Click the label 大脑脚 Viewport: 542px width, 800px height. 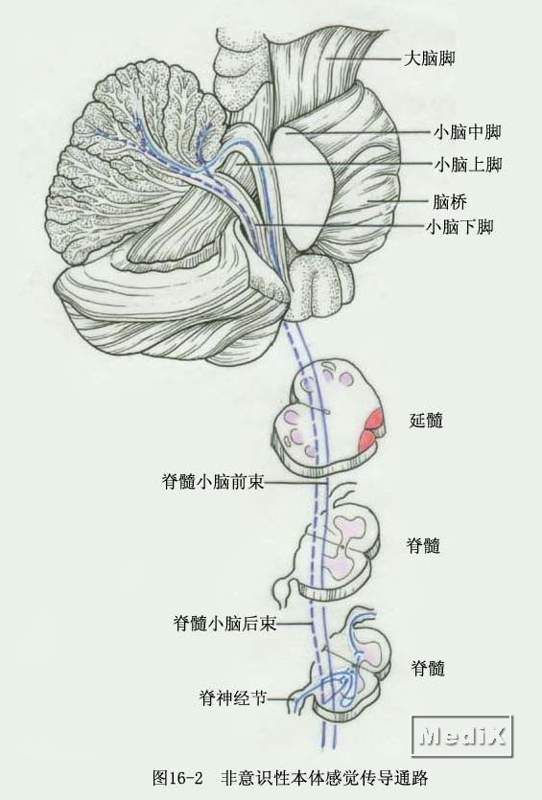(429, 58)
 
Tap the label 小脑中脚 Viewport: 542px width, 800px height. (467, 132)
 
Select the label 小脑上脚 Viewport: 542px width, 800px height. (468, 164)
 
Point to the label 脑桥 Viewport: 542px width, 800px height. (450, 201)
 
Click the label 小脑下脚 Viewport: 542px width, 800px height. (460, 226)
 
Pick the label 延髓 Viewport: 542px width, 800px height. (426, 421)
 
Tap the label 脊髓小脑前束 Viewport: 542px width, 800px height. (213, 481)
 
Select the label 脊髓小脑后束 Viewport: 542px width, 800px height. (224, 623)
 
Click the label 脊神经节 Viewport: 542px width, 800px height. (233, 697)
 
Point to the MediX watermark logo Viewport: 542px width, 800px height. (461, 736)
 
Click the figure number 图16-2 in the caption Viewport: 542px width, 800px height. (177, 778)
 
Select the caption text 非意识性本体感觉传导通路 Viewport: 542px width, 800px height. (324, 778)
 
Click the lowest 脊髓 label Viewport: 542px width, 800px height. (428, 668)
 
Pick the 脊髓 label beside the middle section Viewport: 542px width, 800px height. (423, 545)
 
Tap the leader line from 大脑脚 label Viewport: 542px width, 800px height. (364, 58)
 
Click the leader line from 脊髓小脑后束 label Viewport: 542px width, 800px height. (295, 623)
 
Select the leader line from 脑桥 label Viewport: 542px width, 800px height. (397, 201)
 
